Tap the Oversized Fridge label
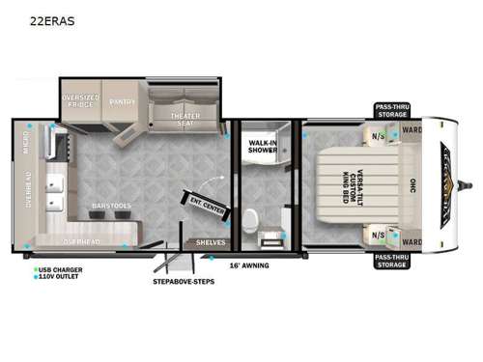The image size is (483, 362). (x=81, y=100)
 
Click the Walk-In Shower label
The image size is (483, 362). (x=263, y=146)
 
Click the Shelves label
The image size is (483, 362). (x=210, y=242)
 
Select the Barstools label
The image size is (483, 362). (x=112, y=205)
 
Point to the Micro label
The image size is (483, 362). (x=27, y=145)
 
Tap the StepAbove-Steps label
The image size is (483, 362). (x=184, y=282)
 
